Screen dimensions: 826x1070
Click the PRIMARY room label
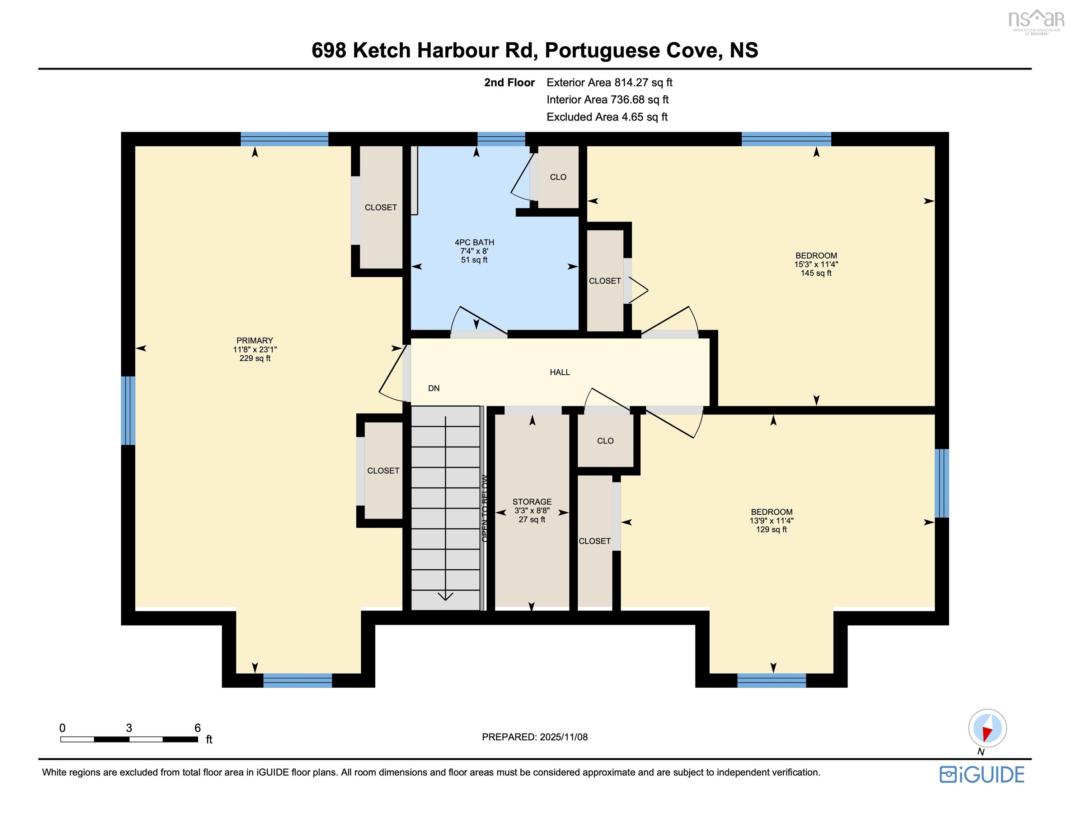[x=254, y=340]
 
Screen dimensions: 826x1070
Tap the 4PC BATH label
[x=474, y=242]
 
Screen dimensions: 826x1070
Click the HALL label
[x=559, y=372]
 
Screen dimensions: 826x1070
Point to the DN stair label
[x=433, y=388]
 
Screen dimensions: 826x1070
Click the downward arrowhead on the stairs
[x=445, y=596]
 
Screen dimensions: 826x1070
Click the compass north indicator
[x=987, y=728]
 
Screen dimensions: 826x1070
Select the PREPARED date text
[x=535, y=737]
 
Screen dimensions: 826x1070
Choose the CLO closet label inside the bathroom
[x=558, y=177]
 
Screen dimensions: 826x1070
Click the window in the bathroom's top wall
[x=501, y=139]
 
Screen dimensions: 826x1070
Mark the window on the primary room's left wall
[x=128, y=410]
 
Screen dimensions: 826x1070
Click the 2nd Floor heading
[x=509, y=83]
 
